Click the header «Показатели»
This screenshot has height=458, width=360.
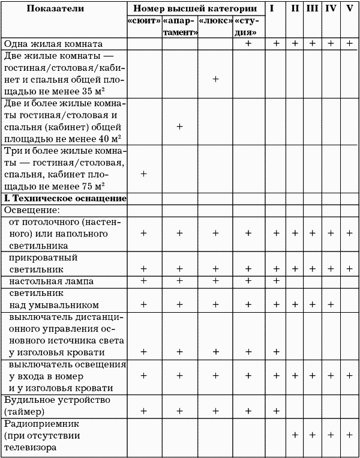[63, 9]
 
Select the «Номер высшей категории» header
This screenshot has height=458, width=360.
[196, 9]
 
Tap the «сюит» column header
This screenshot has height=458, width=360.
[143, 21]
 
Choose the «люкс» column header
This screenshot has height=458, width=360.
[215, 21]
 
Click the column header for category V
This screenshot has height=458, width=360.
[349, 9]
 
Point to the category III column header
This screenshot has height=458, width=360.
[313, 9]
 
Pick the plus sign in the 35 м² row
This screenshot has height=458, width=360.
[215, 79]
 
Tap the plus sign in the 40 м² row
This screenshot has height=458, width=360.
[179, 127]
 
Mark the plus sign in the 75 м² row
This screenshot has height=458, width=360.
[143, 174]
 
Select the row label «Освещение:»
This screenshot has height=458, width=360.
[32, 211]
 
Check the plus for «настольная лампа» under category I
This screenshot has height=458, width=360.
[276, 281]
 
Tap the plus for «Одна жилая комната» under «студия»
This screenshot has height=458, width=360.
[248, 44]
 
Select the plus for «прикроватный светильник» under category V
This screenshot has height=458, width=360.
[349, 268]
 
